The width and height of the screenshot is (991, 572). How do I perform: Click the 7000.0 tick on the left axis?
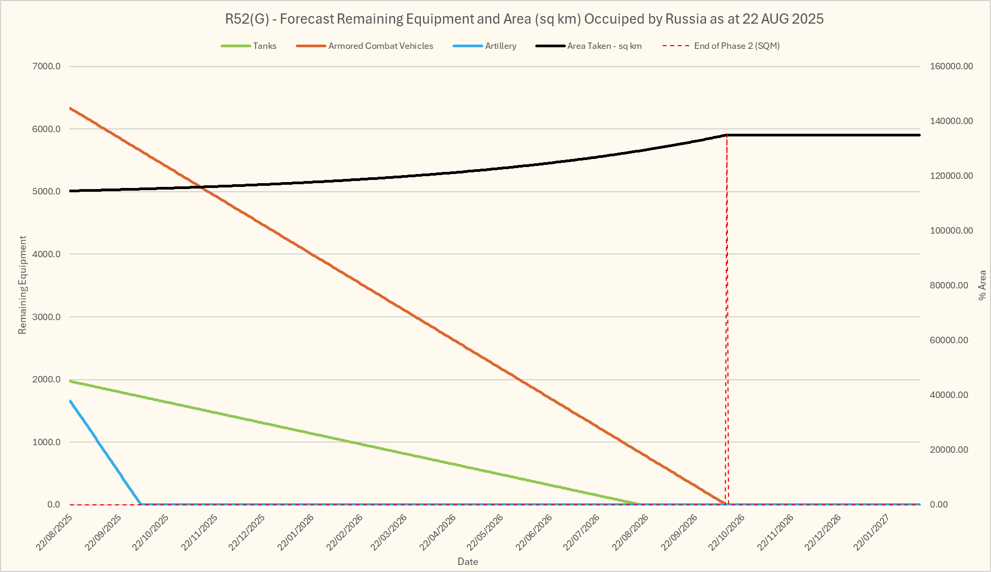(x=47, y=67)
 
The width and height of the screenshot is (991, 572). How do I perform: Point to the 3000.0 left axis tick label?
(x=47, y=317)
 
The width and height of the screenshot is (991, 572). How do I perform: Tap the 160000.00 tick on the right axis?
(x=951, y=67)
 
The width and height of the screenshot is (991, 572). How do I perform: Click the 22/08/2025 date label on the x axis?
(x=54, y=532)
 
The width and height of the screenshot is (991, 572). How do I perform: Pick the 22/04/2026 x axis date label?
(x=438, y=532)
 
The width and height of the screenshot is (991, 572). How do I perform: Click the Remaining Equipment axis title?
(x=23, y=285)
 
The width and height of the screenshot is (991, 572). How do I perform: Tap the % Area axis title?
(x=982, y=285)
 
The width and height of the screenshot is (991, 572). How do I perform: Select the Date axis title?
(x=468, y=562)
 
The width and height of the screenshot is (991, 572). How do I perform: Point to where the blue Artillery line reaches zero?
(x=141, y=504)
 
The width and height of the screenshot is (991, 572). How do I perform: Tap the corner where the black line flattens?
(x=726, y=135)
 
